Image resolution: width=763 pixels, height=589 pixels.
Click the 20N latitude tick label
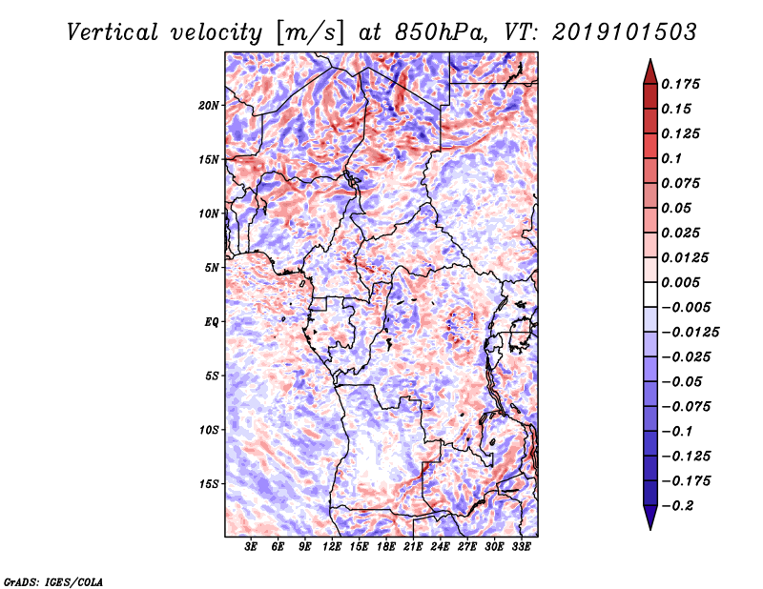pyautogui.click(x=209, y=106)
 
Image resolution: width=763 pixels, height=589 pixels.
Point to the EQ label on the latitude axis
pyautogui.click(x=211, y=322)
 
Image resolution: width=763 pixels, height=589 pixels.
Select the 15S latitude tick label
pyautogui.click(x=209, y=484)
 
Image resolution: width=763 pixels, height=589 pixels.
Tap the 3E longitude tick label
pyautogui.click(x=251, y=547)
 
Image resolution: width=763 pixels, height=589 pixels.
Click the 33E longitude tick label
pyautogui.click(x=521, y=547)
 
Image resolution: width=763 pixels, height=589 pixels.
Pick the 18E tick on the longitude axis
pyautogui.click(x=386, y=547)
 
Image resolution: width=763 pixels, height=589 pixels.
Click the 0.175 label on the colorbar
pyautogui.click(x=680, y=84)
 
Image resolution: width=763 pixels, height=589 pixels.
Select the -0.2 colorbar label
pyautogui.click(x=677, y=506)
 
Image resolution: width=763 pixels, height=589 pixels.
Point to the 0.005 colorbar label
pyautogui.click(x=680, y=282)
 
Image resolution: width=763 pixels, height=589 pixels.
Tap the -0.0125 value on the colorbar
pyautogui.click(x=690, y=333)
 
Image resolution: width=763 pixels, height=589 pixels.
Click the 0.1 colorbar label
pyautogui.click(x=671, y=158)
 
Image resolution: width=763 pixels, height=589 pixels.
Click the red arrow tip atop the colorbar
pyautogui.click(x=650, y=59)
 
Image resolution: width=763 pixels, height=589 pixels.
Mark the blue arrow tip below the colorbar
pyautogui.click(x=650, y=529)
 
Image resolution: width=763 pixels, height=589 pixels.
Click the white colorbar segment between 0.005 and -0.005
pyautogui.click(x=650, y=294)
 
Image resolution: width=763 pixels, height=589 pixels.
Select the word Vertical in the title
pyautogui.click(x=113, y=32)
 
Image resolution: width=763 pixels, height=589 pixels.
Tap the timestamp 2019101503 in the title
pyautogui.click(x=625, y=32)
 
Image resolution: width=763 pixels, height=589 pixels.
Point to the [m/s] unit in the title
pyautogui.click(x=309, y=33)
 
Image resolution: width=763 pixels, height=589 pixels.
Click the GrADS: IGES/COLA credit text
pyautogui.click(x=53, y=582)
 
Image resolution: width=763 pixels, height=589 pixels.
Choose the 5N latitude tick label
pyautogui.click(x=212, y=268)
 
